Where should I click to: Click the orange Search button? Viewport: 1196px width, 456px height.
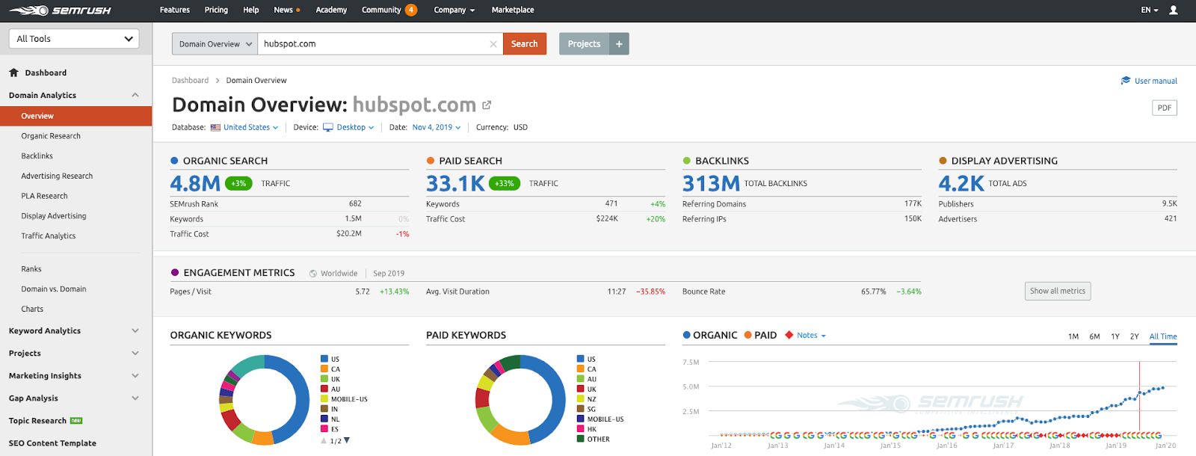pyautogui.click(x=524, y=44)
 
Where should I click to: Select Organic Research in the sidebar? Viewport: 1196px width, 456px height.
pyautogui.click(x=51, y=136)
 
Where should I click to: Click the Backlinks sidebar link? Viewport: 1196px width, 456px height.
pyautogui.click(x=37, y=156)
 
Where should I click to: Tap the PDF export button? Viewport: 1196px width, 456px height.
pyautogui.click(x=1164, y=108)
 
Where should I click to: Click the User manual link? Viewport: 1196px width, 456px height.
pyautogui.click(x=1155, y=81)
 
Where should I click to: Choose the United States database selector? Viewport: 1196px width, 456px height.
pyautogui.click(x=246, y=127)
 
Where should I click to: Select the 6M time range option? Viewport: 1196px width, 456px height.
pyautogui.click(x=1094, y=336)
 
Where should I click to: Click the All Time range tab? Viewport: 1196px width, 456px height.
pyautogui.click(x=1162, y=336)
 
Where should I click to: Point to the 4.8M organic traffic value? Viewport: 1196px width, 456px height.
pyautogui.click(x=195, y=183)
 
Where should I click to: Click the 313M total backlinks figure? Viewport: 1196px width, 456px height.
pyautogui.click(x=711, y=183)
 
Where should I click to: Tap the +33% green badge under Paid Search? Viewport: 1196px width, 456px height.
pyautogui.click(x=505, y=183)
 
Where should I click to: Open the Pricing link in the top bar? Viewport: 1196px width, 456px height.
pyautogui.click(x=216, y=10)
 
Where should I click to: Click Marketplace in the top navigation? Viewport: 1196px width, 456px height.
pyautogui.click(x=513, y=10)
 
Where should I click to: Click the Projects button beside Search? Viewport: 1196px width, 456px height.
pyautogui.click(x=584, y=44)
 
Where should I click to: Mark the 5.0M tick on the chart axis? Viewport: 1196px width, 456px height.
pyautogui.click(x=691, y=386)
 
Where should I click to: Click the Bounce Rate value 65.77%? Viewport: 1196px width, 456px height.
pyautogui.click(x=873, y=292)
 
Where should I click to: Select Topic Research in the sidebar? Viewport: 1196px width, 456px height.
pyautogui.click(x=37, y=421)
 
